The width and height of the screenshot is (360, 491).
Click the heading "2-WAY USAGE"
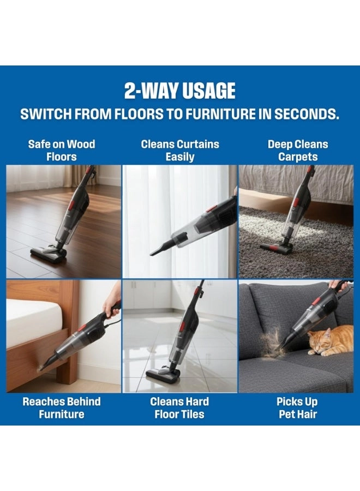click(x=179, y=91)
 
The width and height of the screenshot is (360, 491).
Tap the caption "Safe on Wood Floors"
click(x=62, y=151)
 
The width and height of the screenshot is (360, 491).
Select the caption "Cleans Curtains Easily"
click(x=180, y=151)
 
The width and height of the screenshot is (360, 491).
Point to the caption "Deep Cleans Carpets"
click(x=298, y=151)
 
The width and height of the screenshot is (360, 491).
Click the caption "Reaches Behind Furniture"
click(x=62, y=408)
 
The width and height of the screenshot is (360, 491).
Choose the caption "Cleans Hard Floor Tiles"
click(x=179, y=408)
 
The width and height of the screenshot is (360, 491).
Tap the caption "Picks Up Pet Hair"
click(x=297, y=408)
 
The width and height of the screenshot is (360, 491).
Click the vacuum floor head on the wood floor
click(x=48, y=253)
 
